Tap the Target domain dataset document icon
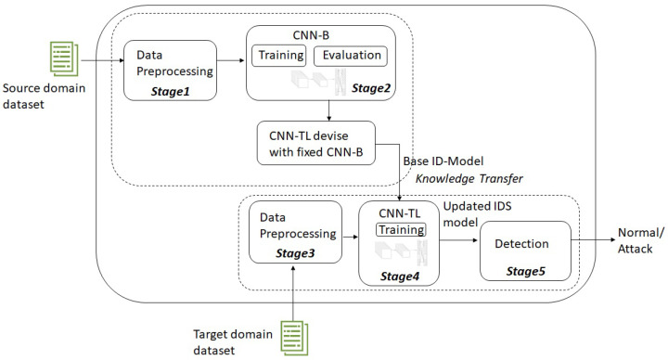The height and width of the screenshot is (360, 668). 294,333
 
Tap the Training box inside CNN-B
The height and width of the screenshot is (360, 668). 279,55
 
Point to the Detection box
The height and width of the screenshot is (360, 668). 525,244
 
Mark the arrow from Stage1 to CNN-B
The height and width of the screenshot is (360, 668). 230,63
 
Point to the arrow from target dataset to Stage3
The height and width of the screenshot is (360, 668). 294,288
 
